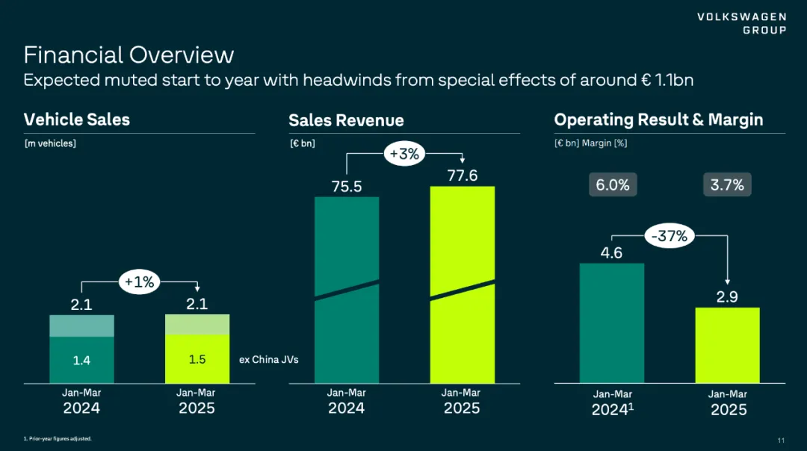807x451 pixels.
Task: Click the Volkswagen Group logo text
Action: pos(742,23)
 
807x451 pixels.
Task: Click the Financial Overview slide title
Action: pos(129,55)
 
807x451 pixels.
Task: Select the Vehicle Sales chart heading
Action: pos(77,119)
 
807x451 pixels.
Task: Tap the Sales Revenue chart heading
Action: pos(346,120)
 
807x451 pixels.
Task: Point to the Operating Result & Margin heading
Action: pos(658,119)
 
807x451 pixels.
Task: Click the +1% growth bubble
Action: pos(139,282)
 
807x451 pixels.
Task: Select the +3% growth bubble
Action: pos(404,155)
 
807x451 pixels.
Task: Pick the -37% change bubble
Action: pos(670,237)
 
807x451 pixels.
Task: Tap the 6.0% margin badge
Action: pos(613,185)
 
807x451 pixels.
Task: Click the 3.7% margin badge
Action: pos(727,185)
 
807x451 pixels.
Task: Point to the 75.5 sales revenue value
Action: pos(347,187)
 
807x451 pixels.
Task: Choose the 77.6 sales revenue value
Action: pos(462,175)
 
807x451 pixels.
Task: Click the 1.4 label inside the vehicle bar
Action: pos(81,361)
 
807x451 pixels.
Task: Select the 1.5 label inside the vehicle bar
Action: pos(197,359)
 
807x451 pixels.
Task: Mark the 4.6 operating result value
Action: pos(611,252)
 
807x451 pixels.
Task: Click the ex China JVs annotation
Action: pos(268,360)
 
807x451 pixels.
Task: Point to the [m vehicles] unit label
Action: pos(50,143)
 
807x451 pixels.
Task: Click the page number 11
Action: pos(781,439)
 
